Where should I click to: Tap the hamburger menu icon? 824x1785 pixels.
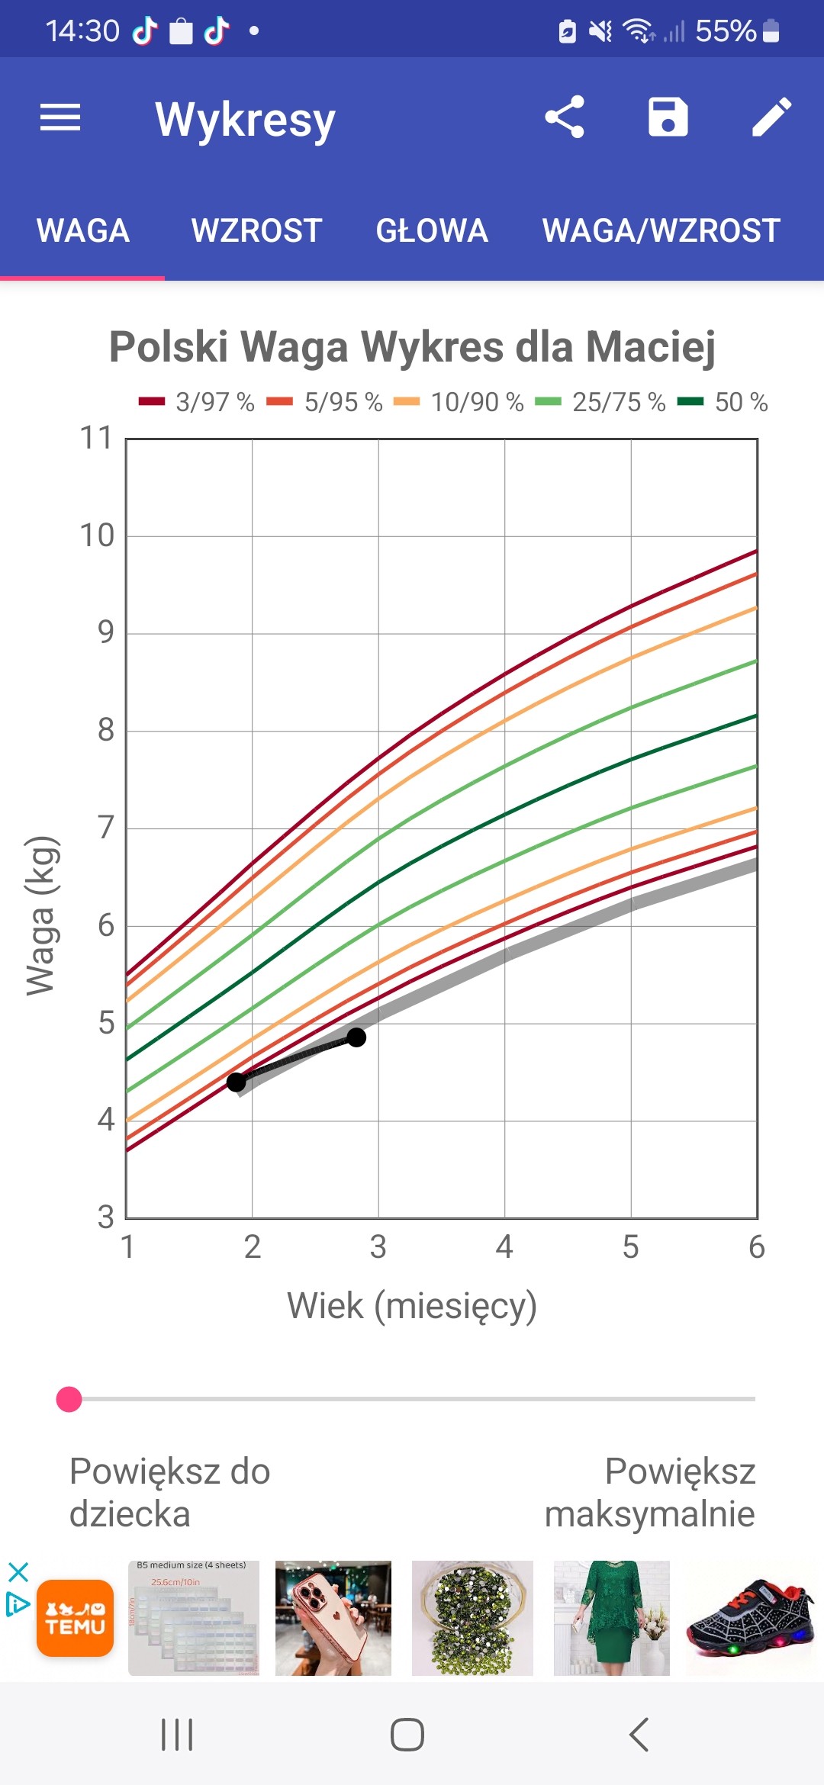coord(60,117)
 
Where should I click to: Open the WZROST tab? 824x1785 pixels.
coord(256,230)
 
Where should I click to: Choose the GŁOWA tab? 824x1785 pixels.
coord(432,230)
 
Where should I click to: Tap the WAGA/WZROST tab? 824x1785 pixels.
coord(661,230)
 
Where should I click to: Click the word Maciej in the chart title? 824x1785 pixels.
coord(650,347)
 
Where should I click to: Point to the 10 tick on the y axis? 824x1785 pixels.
coord(97,535)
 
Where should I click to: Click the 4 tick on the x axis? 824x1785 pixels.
coord(504,1247)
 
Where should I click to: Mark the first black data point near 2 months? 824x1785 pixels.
coord(237,1082)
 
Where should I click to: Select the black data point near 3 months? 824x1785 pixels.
coord(356,1037)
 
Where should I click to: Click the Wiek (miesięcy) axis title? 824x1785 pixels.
coord(412,1305)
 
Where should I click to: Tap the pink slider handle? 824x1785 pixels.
coord(69,1399)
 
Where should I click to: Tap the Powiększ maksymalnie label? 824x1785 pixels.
coord(650,1493)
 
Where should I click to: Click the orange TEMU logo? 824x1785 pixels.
coord(75,1618)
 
